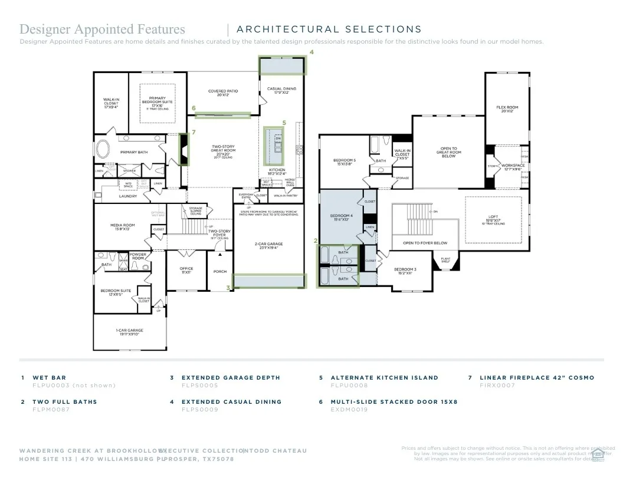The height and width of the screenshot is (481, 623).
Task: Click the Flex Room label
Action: pos(507,109)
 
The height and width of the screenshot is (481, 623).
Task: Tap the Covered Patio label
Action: pos(222,93)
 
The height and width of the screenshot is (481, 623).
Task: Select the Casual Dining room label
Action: pos(282,90)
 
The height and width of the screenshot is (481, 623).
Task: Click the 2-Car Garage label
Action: pos(269,245)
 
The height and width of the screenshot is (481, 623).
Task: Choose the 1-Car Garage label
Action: pos(129,332)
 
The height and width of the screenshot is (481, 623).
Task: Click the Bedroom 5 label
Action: pos(344,162)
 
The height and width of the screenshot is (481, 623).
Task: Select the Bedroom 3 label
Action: pos(406,271)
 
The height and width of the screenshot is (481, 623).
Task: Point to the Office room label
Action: pos(186,270)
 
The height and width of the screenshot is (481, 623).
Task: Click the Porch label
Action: pos(220,272)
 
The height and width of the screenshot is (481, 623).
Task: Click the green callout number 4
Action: pos(311,52)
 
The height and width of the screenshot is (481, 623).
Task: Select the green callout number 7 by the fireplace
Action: pos(194,132)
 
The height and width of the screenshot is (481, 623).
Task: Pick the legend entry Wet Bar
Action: pos(50,377)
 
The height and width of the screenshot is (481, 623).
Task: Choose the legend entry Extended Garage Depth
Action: pos(231,377)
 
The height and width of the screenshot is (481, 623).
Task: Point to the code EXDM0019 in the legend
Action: pos(349,409)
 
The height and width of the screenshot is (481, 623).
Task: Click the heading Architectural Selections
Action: pos(329,29)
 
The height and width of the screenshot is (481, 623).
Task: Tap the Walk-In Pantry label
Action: pos(286,196)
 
